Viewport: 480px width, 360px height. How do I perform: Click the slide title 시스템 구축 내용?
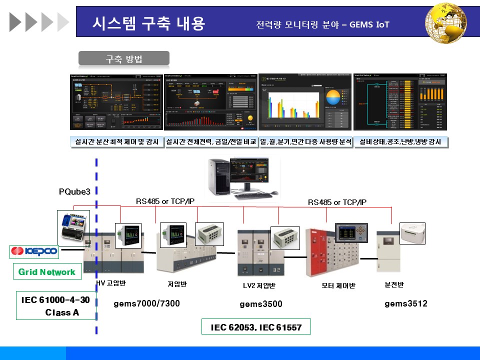(149, 23)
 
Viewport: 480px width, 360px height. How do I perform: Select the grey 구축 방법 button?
(124, 58)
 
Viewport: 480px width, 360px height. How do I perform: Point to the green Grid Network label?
(47, 272)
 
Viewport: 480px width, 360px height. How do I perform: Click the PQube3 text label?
(74, 191)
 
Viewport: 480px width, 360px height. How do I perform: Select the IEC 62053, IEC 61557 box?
(256, 327)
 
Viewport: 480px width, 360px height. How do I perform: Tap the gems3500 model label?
(260, 304)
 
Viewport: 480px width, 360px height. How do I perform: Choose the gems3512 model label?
(406, 303)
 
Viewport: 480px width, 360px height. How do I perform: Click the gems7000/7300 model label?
(146, 303)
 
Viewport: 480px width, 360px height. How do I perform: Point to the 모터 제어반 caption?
(338, 286)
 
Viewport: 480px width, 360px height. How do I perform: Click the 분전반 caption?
(394, 285)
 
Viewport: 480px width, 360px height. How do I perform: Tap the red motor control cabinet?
(320, 252)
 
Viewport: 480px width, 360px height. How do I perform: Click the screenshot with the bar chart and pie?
(305, 102)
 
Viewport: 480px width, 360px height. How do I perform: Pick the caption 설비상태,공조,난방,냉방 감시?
(400, 142)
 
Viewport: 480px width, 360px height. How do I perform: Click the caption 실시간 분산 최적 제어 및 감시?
(116, 142)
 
